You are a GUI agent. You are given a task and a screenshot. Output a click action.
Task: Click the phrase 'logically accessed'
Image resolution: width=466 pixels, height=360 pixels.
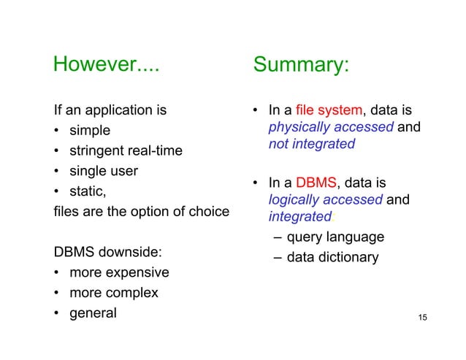point(316,199)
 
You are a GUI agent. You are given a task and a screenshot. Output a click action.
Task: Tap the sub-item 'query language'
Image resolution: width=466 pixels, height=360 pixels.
point(335,237)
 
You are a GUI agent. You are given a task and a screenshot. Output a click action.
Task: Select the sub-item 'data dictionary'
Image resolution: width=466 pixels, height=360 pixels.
point(332,257)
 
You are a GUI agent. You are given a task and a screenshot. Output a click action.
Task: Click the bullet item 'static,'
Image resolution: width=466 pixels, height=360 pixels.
point(90,192)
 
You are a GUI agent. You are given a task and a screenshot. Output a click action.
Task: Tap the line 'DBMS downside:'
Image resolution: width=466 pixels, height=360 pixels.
point(108,252)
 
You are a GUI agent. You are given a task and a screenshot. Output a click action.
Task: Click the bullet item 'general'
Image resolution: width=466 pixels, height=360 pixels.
point(92,313)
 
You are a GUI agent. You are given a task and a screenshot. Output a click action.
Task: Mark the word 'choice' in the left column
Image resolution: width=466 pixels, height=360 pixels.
point(208,212)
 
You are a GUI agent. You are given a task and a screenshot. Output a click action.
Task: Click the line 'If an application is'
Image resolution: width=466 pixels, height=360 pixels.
point(110,111)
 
